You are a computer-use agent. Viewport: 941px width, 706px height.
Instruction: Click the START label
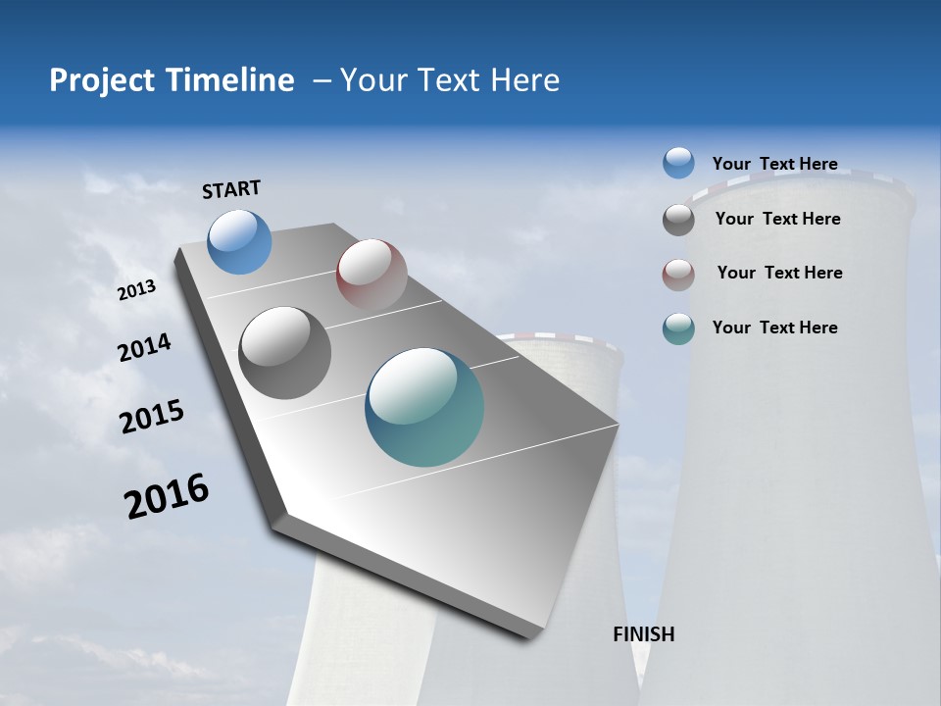click(x=231, y=189)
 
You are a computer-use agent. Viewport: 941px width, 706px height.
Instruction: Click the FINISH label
click(x=644, y=634)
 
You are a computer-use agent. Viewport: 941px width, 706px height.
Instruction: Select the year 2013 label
click(x=136, y=290)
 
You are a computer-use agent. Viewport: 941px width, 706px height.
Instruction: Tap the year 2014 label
click(x=144, y=348)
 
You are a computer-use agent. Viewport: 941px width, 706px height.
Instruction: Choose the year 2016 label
click(x=167, y=495)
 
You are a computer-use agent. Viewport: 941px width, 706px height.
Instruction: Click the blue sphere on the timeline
click(x=240, y=241)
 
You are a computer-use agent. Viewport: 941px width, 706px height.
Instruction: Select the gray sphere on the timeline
click(x=285, y=353)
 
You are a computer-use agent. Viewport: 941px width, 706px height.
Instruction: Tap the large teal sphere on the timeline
click(x=424, y=407)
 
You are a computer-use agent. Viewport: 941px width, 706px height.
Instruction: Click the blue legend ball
click(x=678, y=163)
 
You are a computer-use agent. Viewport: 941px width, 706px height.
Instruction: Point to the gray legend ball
click(x=678, y=220)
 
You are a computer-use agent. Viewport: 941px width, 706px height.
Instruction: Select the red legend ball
click(x=678, y=275)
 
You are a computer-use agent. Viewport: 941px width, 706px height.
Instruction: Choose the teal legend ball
click(x=678, y=329)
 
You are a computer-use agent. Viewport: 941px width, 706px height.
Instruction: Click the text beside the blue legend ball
click(x=774, y=164)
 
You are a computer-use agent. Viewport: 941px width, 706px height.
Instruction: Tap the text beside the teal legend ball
click(x=774, y=328)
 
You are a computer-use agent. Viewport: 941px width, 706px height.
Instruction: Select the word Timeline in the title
click(x=233, y=80)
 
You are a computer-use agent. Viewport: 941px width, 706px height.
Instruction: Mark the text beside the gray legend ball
click(x=777, y=219)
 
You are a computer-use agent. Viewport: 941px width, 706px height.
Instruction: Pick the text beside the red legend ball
click(x=779, y=273)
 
